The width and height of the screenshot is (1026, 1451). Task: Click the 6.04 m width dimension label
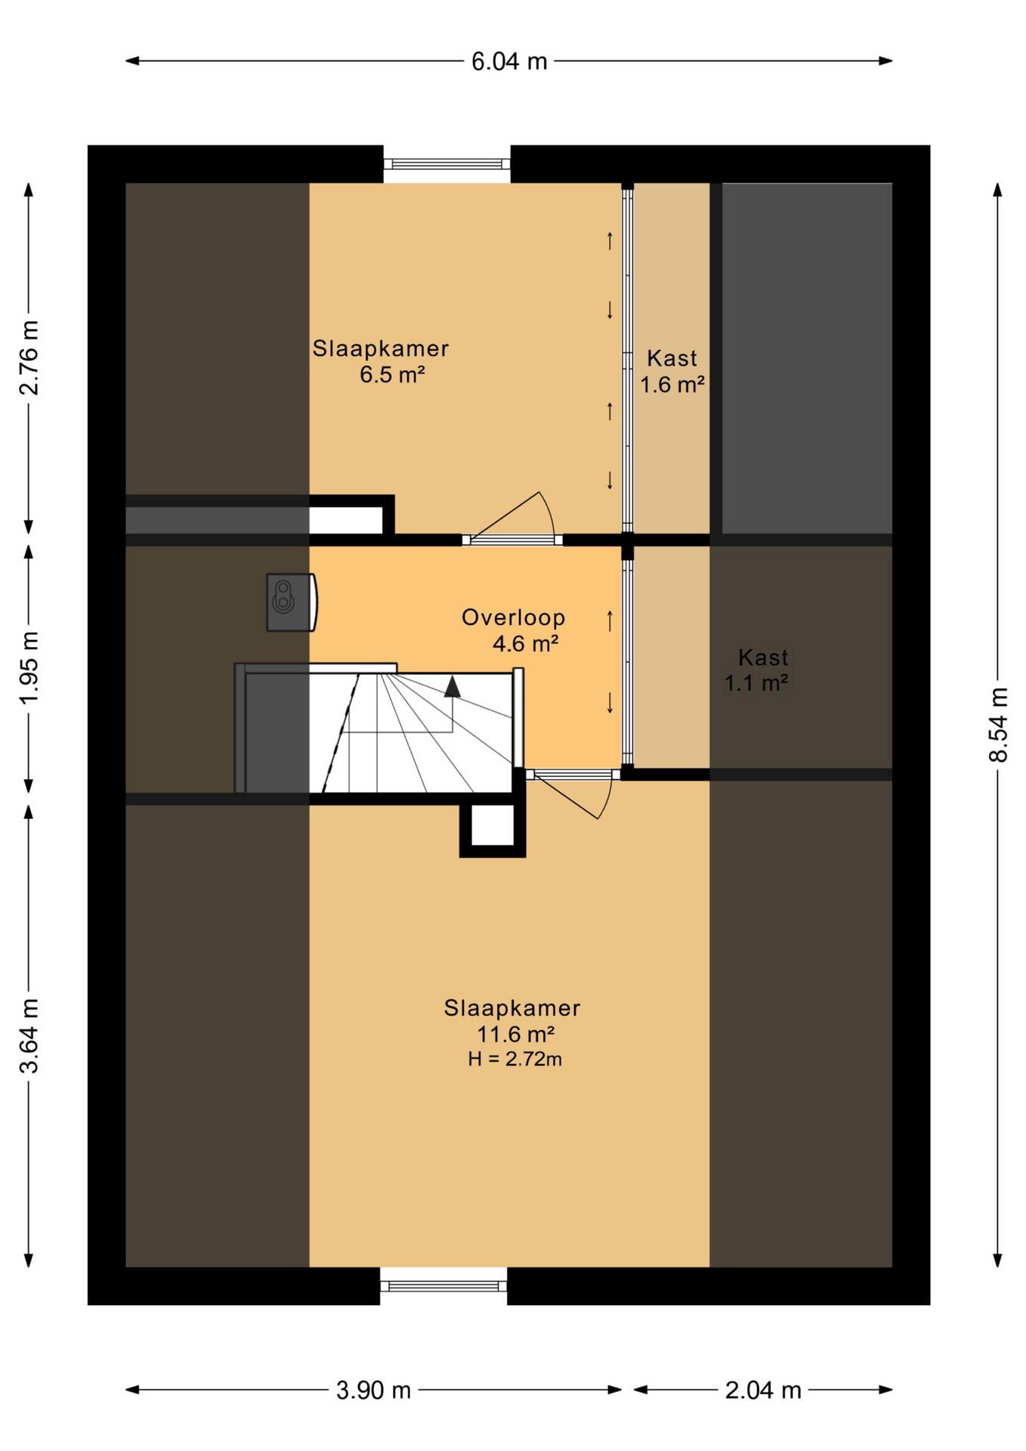[x=508, y=61]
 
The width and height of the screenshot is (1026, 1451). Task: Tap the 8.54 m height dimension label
[x=998, y=724]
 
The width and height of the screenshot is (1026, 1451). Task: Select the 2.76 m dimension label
[x=29, y=357]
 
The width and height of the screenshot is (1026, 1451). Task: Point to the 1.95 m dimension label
[x=29, y=667]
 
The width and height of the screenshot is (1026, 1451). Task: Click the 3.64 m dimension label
[x=29, y=1035]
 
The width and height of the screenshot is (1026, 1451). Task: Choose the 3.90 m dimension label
[x=373, y=1390]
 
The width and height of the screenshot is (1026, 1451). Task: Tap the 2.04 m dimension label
[x=762, y=1390]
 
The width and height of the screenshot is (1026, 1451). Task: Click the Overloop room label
[x=513, y=617]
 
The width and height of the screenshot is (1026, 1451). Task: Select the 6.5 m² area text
[x=392, y=374]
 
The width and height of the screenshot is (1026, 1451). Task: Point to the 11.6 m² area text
[x=516, y=1033]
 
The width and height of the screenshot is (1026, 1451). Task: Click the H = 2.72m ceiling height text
[x=515, y=1059]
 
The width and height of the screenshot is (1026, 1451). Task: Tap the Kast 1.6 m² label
[x=672, y=371]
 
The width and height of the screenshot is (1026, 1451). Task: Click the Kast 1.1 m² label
[x=757, y=670]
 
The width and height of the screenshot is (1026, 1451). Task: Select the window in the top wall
[x=447, y=164]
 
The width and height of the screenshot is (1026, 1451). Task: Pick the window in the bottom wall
[x=443, y=1286]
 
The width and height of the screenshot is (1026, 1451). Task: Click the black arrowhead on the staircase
[x=452, y=686]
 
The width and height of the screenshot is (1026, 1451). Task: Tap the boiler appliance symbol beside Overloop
[x=291, y=602]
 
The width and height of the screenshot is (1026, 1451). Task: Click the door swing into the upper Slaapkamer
[x=512, y=517]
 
